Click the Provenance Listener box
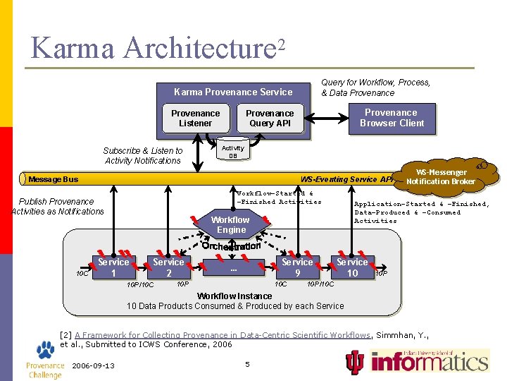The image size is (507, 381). point(195,119)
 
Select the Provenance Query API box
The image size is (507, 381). point(270,119)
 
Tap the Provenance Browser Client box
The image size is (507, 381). point(392,118)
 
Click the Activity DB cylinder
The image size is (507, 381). point(232,151)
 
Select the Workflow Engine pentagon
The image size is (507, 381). point(231,224)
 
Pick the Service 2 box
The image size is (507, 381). point(168,267)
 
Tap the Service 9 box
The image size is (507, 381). point(297,267)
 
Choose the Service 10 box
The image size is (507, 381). point(352,267)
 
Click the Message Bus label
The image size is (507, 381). point(54,179)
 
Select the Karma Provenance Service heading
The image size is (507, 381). point(233,92)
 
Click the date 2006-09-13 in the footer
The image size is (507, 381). point(94,365)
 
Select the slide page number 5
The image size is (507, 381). point(247,364)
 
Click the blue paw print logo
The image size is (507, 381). point(45,349)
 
